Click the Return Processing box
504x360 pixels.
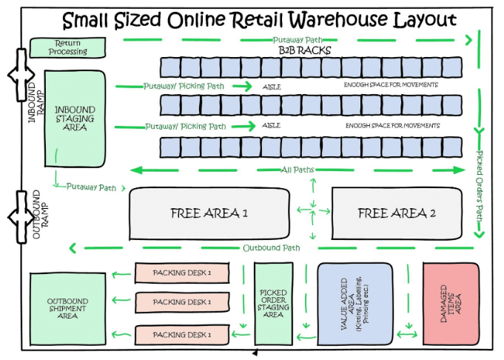click(x=68, y=47)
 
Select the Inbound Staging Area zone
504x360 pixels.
click(x=71, y=119)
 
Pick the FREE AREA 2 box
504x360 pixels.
click(x=392, y=213)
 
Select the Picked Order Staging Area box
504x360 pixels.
click(x=273, y=303)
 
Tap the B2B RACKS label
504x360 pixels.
click(x=304, y=50)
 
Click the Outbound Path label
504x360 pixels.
click(x=271, y=247)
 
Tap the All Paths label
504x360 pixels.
click(x=298, y=170)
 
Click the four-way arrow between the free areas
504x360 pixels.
click(x=312, y=212)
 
